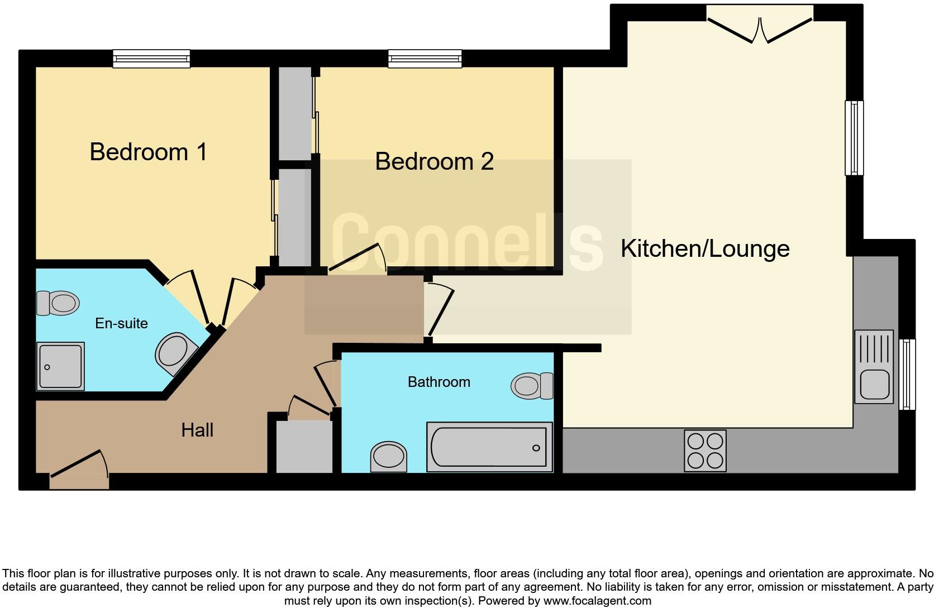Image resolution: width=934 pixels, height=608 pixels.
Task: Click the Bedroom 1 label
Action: pos(148,152)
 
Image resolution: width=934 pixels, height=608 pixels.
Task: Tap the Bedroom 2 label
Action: pos(434,161)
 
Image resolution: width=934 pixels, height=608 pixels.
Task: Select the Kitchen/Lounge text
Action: pos(705,248)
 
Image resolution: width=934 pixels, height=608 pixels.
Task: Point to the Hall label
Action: pos(197,430)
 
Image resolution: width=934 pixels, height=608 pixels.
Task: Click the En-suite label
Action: pos(121,323)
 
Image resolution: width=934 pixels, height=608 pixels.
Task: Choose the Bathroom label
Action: pos(439,382)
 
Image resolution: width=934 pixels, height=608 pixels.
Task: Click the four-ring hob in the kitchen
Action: pos(705,451)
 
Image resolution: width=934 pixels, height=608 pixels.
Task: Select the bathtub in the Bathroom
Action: pos(489,447)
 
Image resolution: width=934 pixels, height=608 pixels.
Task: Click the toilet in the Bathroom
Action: pos(531,386)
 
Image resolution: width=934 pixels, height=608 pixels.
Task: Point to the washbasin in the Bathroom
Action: pos(389,456)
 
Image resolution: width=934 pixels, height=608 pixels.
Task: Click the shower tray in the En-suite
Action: pos(60,366)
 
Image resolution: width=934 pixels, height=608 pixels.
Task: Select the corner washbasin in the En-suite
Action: pos(174,353)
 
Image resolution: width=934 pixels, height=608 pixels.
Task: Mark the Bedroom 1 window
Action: pos(151,58)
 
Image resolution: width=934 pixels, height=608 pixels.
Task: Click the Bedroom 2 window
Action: pos(425,58)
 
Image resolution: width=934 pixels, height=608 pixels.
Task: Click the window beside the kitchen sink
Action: pos(908,374)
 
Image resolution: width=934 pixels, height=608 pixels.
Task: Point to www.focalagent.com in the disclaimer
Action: pos(597,601)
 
